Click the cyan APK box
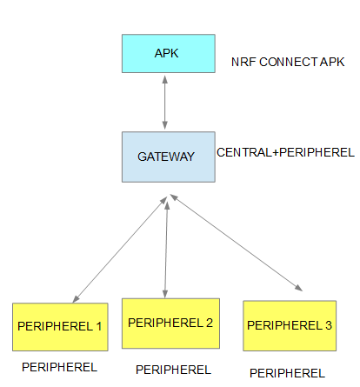tap(169, 54)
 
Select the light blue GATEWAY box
tap(169, 157)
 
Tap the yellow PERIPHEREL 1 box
tap(60, 327)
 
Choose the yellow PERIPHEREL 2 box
tap(170, 324)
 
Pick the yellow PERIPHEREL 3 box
tap(290, 326)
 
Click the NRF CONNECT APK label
tap(288, 62)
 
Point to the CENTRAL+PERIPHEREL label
tap(285, 152)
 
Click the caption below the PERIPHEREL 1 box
tap(59, 367)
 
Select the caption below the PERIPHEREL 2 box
tap(173, 370)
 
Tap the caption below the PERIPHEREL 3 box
tap(287, 373)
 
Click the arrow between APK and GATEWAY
tap(165, 103)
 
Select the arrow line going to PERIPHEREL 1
tap(120, 250)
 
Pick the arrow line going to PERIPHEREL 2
tap(166, 250)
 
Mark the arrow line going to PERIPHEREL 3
tap(236, 243)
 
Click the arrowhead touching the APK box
tap(165, 79)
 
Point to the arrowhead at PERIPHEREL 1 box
tap(76, 299)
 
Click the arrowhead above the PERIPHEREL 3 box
tap(299, 288)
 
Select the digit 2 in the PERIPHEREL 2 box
tap(210, 323)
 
